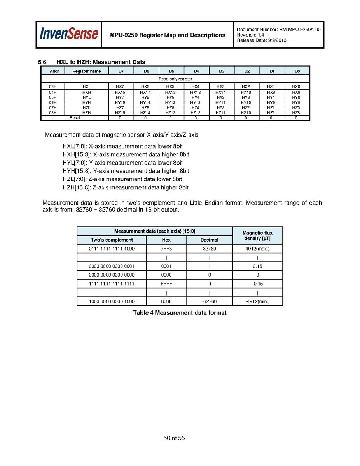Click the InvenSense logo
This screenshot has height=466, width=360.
point(68,34)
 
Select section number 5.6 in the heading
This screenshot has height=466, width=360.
point(42,62)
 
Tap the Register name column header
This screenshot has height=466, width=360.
point(86,71)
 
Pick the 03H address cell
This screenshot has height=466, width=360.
point(53,86)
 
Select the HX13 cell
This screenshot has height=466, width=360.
point(170,92)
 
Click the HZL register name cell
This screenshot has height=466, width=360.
point(86,107)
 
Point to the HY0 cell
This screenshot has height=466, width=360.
point(296,97)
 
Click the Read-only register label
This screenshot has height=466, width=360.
point(175,79)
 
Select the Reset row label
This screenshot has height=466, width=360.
point(75,117)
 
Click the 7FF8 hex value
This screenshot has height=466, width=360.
point(166,249)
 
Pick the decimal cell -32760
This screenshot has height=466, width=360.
point(209,301)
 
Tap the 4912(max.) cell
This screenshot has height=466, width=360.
point(257,249)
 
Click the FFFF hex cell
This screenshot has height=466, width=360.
point(166,284)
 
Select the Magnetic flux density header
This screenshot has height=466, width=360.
point(257,235)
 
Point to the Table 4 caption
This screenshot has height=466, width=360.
point(180,313)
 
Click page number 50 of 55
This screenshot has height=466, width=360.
point(174,438)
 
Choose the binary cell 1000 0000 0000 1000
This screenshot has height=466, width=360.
point(112,301)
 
